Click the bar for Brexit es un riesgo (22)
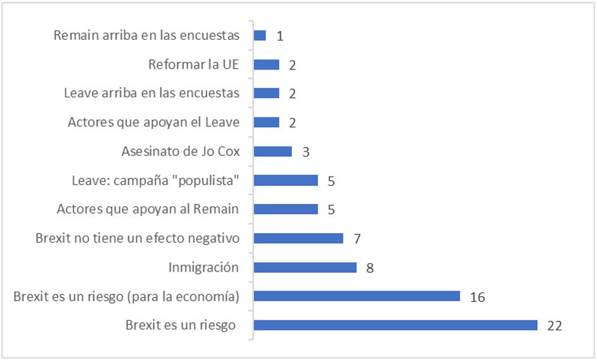pyautogui.click(x=395, y=325)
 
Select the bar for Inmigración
pyautogui.click(x=305, y=267)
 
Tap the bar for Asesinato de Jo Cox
pyautogui.click(x=273, y=152)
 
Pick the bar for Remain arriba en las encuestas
pyautogui.click(x=260, y=35)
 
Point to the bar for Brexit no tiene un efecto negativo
pyautogui.click(x=298, y=238)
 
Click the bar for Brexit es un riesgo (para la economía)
pyautogui.click(x=356, y=296)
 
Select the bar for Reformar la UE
pyautogui.click(x=266, y=64)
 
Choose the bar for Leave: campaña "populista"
pyautogui.click(x=286, y=181)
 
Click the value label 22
pyautogui.click(x=554, y=326)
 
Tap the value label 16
pyautogui.click(x=477, y=297)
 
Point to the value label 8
pyautogui.click(x=370, y=268)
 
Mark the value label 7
pyautogui.click(x=357, y=239)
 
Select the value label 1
pyautogui.click(x=279, y=36)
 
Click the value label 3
pyautogui.click(x=305, y=152)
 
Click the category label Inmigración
pyautogui.click(x=203, y=267)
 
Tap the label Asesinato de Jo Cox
pyautogui.click(x=180, y=152)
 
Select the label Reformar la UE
pyautogui.click(x=193, y=64)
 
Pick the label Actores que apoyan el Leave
pyautogui.click(x=154, y=123)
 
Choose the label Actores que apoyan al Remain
pyautogui.click(x=148, y=209)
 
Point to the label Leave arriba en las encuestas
pyautogui.click(x=152, y=93)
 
